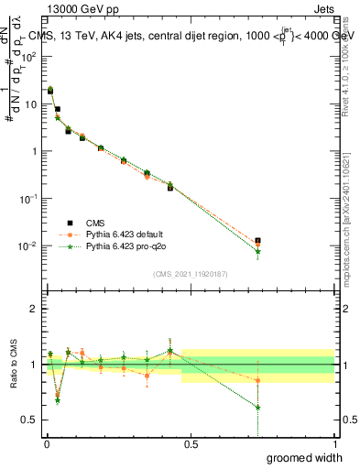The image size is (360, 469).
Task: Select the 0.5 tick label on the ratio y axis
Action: click(x=29, y=420)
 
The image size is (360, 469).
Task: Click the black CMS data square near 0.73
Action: click(x=257, y=241)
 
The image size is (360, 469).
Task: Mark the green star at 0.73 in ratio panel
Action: click(x=257, y=408)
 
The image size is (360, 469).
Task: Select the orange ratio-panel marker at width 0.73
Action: click(x=257, y=380)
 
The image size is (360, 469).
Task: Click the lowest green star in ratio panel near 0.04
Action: click(x=58, y=400)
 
